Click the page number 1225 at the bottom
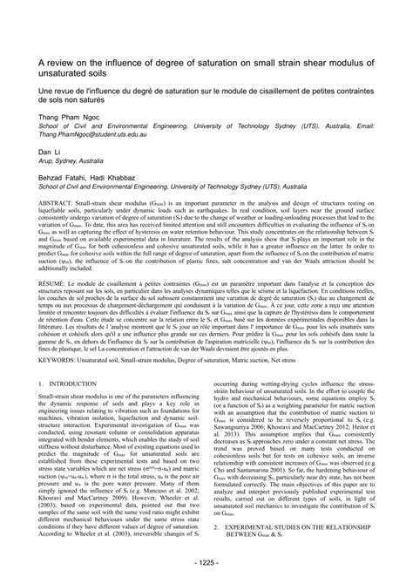point(206,574)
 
